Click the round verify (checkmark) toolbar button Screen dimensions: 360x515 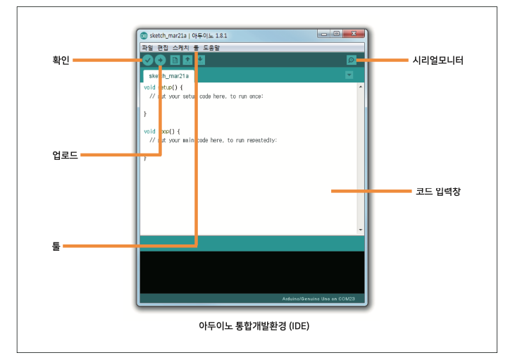pos(148,61)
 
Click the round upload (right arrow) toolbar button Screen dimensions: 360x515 pos(160,61)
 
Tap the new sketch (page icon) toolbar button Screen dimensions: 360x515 pos(175,61)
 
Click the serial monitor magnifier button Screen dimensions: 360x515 pos(351,61)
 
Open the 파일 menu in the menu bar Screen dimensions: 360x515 pos(147,48)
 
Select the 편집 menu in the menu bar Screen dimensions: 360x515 pos(163,48)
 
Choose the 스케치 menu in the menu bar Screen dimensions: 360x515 pos(182,48)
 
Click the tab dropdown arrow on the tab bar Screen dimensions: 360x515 pos(349,75)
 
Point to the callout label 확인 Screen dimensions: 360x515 pos(61,61)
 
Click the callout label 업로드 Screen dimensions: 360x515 pos(65,155)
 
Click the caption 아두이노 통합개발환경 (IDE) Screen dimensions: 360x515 pos(254,326)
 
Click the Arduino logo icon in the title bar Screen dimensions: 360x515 pos(144,35)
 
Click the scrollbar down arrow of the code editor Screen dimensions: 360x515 pos(361,230)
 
